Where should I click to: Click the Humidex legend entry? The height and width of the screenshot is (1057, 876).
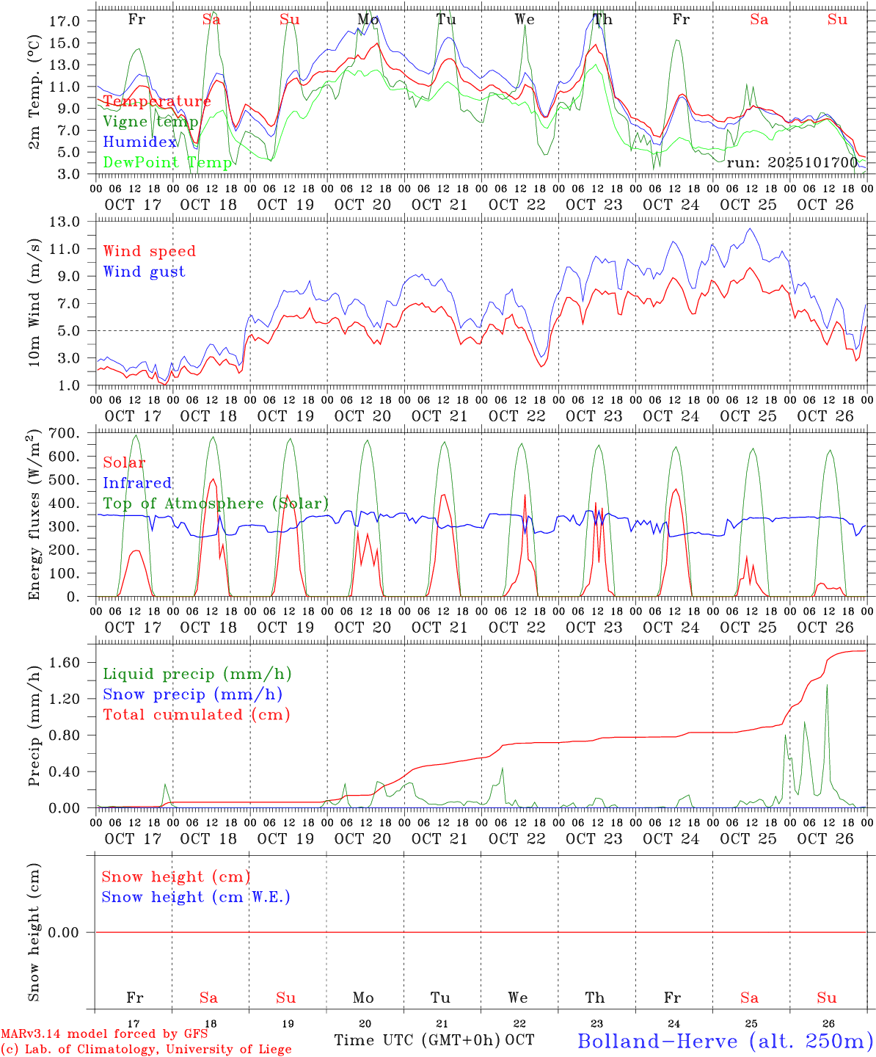(140, 142)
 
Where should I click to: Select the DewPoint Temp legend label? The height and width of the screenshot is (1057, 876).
(167, 162)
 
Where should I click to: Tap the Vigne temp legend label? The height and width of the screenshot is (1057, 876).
(150, 122)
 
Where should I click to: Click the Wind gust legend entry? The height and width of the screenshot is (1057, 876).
(144, 272)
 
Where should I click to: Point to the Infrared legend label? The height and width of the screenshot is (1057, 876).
(137, 483)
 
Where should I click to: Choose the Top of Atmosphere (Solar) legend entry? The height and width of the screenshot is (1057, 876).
(216, 504)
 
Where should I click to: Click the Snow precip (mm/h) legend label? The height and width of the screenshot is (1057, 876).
(192, 694)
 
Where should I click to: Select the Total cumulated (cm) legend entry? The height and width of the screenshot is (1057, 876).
(197, 714)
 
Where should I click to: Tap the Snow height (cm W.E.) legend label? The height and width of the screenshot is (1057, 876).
(196, 897)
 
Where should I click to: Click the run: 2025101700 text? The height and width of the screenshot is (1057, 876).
(792, 162)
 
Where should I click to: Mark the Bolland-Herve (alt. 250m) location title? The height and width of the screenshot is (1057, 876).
(725, 1040)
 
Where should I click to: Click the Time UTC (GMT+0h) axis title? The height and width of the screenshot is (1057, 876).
(417, 1040)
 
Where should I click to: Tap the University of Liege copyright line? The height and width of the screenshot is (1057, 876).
(146, 1050)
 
